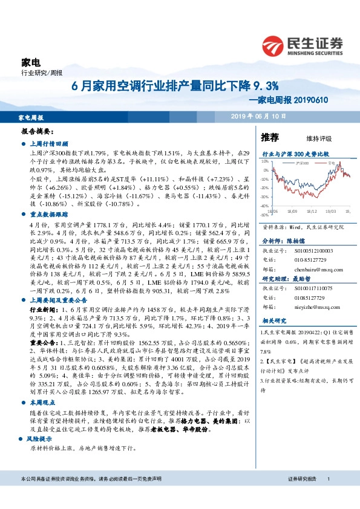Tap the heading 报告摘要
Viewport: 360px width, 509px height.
(38, 131)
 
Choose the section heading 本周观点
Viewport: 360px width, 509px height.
(42, 384)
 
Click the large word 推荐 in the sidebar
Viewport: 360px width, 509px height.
(270, 137)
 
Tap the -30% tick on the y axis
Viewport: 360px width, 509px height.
(264, 197)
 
